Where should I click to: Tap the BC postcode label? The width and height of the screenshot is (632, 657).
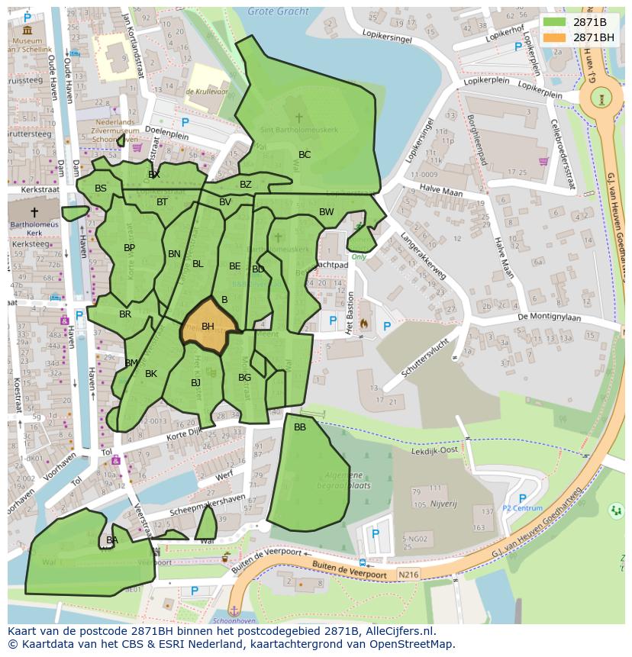305,155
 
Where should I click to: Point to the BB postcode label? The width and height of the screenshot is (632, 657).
300,427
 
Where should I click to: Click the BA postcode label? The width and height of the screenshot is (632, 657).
112,540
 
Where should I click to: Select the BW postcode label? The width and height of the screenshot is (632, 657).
326,212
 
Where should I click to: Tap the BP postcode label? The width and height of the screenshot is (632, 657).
129,248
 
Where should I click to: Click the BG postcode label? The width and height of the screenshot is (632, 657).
244,378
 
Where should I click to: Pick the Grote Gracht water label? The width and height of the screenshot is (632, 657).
279,11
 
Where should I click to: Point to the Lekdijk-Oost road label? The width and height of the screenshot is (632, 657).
434,451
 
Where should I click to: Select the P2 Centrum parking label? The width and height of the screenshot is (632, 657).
523,508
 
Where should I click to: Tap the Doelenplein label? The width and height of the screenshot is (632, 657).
167,131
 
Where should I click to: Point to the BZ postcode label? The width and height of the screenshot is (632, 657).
245,185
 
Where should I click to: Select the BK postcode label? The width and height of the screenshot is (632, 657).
151,374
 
